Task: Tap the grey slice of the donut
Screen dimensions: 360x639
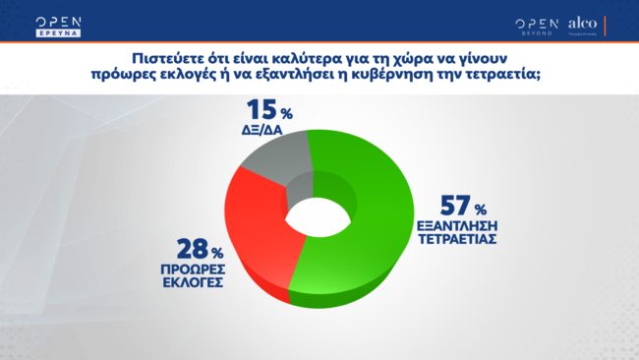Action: [275, 165]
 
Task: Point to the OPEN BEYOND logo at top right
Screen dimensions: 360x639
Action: [536, 25]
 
